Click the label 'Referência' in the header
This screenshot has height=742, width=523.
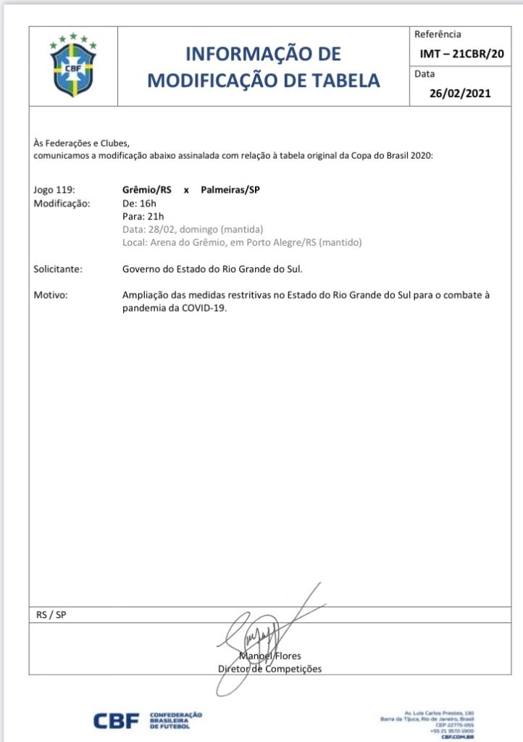(437, 34)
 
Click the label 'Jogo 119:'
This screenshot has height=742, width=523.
(54, 190)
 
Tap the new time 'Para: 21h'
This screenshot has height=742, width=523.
(143, 216)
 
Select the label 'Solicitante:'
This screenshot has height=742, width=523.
(58, 269)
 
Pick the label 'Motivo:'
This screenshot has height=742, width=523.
(50, 295)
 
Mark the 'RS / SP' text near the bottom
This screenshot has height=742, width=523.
(51, 614)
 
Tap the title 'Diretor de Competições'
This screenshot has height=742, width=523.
(269, 669)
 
